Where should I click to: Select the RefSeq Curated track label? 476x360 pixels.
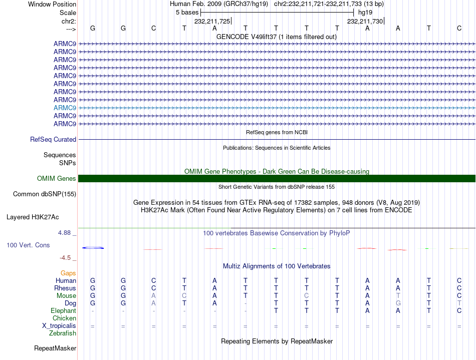tap(53, 140)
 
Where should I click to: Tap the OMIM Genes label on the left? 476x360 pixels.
tap(57, 179)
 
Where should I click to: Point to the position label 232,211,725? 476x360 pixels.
tap(212, 21)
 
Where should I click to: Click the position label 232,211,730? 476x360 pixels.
tap(365, 21)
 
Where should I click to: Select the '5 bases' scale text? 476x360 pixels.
tap(187, 12)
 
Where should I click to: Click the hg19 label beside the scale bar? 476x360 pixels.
tap(365, 12)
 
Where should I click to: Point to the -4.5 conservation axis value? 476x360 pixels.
tap(66, 258)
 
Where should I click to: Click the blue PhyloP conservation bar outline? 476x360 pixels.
tap(93, 248)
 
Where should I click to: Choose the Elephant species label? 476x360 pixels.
tap(63, 311)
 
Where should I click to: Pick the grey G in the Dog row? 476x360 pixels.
tap(398, 303)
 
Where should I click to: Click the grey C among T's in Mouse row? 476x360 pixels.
tap(306, 296)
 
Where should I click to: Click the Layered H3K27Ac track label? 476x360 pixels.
tap(33, 217)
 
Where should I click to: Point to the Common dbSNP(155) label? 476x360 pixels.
tap(45, 194)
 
